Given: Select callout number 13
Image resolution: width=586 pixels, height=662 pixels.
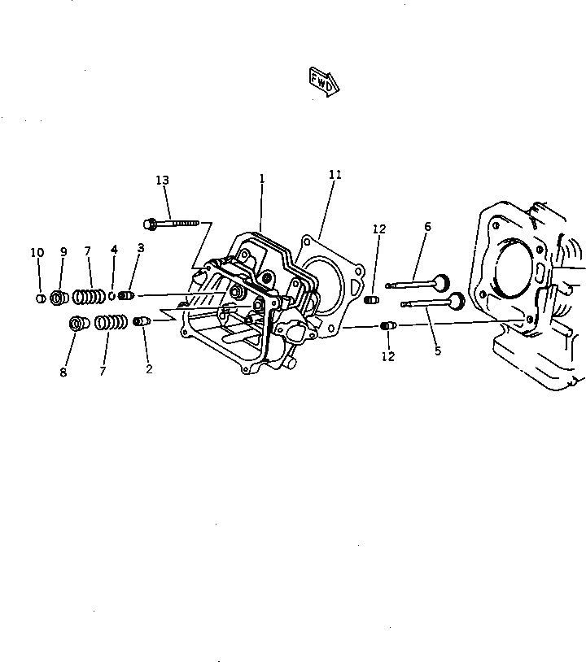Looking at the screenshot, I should pyautogui.click(x=163, y=180).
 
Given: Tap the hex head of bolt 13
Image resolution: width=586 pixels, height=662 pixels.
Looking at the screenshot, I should pyautogui.click(x=151, y=222).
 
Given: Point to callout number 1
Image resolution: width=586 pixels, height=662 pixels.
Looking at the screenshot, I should pyautogui.click(x=262, y=178).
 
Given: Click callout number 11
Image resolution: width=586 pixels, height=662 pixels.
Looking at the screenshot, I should pyautogui.click(x=335, y=175).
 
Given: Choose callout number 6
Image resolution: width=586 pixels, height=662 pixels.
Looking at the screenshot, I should pyautogui.click(x=427, y=226).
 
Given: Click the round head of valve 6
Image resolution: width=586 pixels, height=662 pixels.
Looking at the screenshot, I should pyautogui.click(x=441, y=283).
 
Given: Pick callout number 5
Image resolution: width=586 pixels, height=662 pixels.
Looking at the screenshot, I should pyautogui.click(x=438, y=351).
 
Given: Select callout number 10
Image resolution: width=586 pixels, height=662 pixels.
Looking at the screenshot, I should pyautogui.click(x=37, y=253).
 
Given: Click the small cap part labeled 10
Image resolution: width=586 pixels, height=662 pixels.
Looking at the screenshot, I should pyautogui.click(x=39, y=298).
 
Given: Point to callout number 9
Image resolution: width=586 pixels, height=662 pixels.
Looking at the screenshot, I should pyautogui.click(x=63, y=252).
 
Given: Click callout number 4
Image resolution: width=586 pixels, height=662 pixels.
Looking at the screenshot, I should pyautogui.click(x=114, y=250).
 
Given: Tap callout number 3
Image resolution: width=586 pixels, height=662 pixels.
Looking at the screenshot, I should pyautogui.click(x=141, y=247).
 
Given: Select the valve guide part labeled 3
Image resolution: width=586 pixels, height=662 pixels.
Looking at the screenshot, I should pyautogui.click(x=125, y=296).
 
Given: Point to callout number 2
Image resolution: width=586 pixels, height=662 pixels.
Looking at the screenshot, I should pyautogui.click(x=149, y=368).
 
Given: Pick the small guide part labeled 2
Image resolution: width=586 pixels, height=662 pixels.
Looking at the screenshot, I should pyautogui.click(x=142, y=321).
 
